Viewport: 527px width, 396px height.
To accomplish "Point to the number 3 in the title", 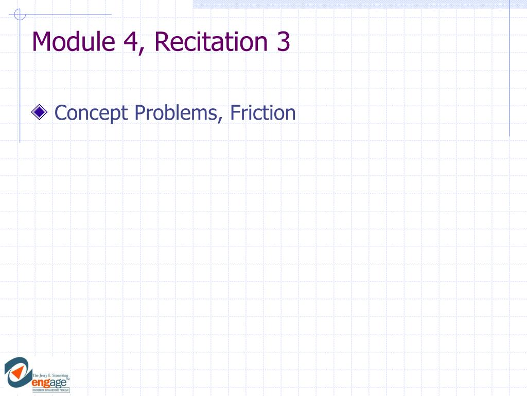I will [x=283, y=42].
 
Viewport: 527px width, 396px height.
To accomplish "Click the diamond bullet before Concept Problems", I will [x=39, y=112].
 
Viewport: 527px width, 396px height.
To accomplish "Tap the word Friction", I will [x=263, y=112].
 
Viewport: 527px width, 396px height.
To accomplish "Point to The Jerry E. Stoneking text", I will [x=50, y=376].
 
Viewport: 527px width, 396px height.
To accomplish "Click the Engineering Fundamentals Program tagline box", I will [x=50, y=391].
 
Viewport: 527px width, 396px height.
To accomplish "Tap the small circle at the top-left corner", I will [x=20, y=14].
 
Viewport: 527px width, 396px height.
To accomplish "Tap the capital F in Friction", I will [x=235, y=112].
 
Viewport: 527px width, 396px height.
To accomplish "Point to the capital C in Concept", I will [x=61, y=112].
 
